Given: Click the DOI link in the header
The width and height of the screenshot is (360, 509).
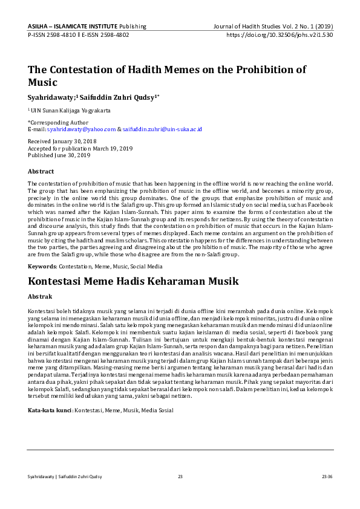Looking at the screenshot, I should click(279, 35).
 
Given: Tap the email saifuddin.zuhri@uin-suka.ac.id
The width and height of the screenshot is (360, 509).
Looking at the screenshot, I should click(162, 129).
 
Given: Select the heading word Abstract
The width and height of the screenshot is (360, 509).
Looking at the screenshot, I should click(41, 172).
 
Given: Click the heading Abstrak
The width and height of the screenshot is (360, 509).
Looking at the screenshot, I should click(40, 297).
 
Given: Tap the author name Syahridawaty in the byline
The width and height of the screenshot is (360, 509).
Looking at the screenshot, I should click(51, 97).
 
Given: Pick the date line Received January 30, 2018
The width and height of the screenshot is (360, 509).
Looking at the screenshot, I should click(61, 141).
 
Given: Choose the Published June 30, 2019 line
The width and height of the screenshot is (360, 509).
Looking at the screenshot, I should click(59, 155).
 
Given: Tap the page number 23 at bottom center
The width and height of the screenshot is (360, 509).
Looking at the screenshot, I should click(180, 476).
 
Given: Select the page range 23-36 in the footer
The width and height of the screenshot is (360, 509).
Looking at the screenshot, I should click(327, 476).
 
